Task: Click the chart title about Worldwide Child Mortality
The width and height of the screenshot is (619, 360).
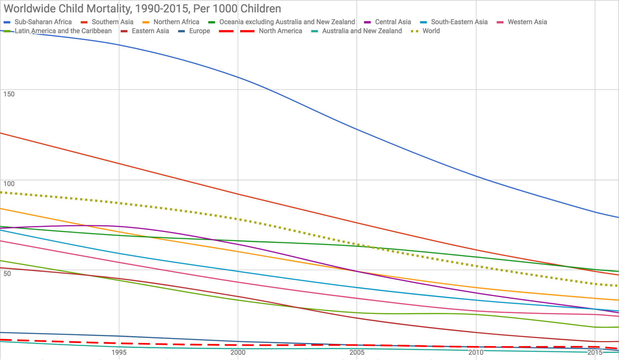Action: tap(142, 9)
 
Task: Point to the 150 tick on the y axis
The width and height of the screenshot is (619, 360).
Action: tap(9, 94)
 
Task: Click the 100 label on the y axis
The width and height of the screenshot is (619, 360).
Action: tap(9, 184)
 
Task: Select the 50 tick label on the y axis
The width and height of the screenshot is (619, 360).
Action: tap(7, 274)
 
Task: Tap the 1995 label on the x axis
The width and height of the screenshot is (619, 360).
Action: tap(119, 352)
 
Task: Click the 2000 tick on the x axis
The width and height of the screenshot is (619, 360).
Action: tap(238, 352)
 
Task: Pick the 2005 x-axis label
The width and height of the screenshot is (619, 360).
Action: tap(357, 352)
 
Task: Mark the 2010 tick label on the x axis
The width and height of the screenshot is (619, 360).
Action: tap(476, 352)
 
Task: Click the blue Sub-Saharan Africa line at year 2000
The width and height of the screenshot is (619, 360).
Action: tap(238, 77)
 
